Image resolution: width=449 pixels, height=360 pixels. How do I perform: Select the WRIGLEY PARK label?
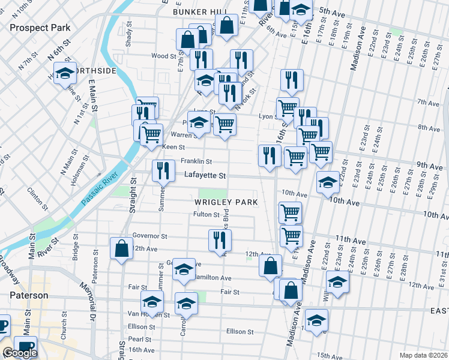pos(226,202)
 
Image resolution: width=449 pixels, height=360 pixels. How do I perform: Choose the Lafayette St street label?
pos(205,176)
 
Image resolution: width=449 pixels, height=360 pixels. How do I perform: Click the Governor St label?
pos(149,236)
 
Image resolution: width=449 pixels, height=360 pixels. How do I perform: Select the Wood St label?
pos(159,56)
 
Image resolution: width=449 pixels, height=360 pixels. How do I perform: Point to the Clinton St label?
pos(37,199)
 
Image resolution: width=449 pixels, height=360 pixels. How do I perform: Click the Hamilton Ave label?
pos(213,278)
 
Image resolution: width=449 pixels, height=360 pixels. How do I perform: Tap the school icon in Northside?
pos(64,74)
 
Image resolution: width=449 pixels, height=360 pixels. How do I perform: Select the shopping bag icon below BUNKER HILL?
pos(226,25)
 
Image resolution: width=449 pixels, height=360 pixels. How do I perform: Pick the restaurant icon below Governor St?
pos(220,240)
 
